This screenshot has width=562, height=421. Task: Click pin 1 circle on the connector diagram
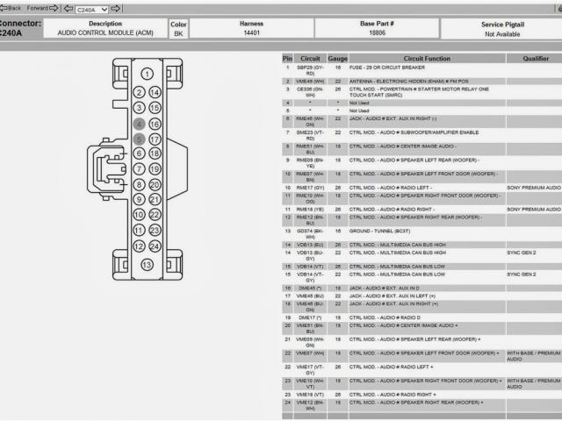click(x=148, y=75)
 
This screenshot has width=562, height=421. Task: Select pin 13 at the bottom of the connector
click(x=148, y=264)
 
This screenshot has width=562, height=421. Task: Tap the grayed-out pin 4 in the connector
click(x=139, y=124)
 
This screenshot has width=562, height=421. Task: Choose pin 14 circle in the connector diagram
click(x=155, y=92)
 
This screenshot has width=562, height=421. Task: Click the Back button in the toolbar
click(x=11, y=7)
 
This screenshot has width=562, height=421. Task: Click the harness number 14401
click(x=251, y=32)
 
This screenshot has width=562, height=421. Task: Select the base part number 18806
click(x=376, y=32)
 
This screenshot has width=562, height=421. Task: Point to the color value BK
click(x=178, y=33)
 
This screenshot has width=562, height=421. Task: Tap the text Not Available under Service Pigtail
click(x=503, y=33)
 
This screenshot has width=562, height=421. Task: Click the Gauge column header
click(x=337, y=59)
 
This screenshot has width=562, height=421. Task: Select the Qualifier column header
click(x=536, y=59)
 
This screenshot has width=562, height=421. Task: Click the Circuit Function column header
click(x=426, y=59)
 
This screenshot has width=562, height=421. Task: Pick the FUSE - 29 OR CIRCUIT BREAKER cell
click(x=387, y=68)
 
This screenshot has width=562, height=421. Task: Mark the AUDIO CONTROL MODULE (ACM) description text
click(x=104, y=32)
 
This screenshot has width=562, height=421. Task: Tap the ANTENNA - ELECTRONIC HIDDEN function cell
click(x=409, y=81)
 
